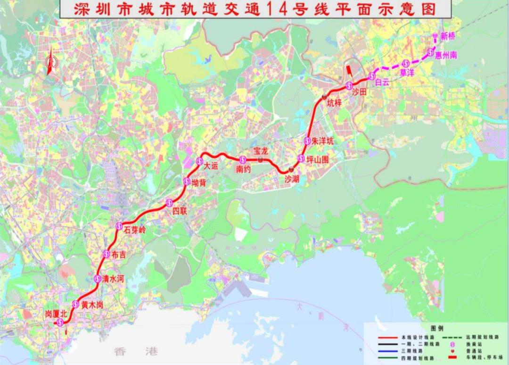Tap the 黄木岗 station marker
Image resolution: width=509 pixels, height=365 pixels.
[x=76, y=304]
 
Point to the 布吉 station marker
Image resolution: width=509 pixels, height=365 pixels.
[x=107, y=255]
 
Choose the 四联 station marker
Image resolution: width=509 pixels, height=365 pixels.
[x=170, y=203]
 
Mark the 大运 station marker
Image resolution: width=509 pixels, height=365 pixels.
[x=199, y=162]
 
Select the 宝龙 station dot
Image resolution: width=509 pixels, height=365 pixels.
[x=260, y=160]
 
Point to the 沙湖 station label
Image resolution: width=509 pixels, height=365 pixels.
[x=293, y=179]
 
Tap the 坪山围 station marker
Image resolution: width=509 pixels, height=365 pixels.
[x=301, y=158]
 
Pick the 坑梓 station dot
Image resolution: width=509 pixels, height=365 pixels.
[x=324, y=97]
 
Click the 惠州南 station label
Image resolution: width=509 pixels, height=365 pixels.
[x=446, y=55]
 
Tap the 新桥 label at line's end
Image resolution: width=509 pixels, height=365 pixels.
[x=447, y=36]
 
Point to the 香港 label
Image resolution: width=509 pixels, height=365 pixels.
[x=135, y=351]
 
